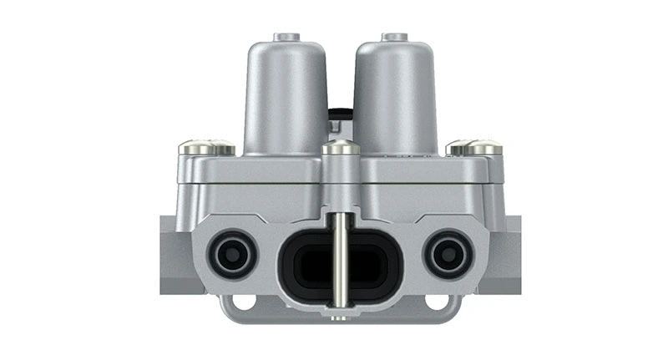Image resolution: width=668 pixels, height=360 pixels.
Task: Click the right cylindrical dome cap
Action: pyautogui.click(x=395, y=96)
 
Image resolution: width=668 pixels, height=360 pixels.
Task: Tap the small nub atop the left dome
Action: pyautogui.click(x=287, y=37)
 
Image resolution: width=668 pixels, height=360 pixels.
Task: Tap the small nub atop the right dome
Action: pyautogui.click(x=394, y=37)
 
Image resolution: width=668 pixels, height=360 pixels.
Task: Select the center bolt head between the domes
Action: pyautogui.click(x=342, y=148)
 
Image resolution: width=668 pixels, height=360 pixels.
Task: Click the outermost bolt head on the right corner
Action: pyautogui.click(x=487, y=149)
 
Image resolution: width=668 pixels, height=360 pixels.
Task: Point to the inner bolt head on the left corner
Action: pyautogui.click(x=220, y=148)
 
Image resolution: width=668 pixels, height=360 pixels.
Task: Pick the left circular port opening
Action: pyautogui.click(x=231, y=252)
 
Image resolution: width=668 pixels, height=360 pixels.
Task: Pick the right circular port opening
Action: pyautogui.click(x=449, y=252)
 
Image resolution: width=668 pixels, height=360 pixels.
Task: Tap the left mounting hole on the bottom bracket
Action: pyautogui.click(x=245, y=300)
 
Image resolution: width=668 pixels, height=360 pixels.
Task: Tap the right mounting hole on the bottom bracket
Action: pyautogui.click(x=435, y=300)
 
